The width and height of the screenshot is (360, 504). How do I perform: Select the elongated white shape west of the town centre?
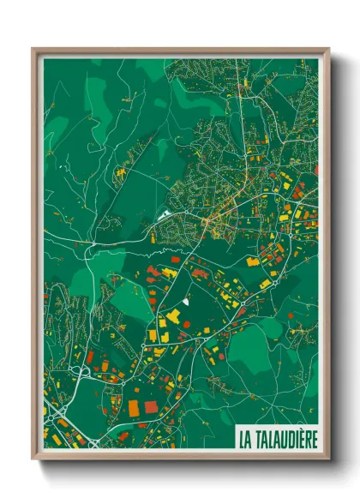(x=165, y=215)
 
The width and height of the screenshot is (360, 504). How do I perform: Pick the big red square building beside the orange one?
(x=151, y=406)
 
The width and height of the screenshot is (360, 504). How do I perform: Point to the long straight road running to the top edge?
(x=242, y=94)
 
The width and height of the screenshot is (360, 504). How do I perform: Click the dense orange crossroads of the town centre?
(x=210, y=225)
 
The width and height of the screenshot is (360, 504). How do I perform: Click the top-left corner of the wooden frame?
(x=33, y=49)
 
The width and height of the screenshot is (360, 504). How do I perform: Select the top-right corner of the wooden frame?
(x=328, y=49)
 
